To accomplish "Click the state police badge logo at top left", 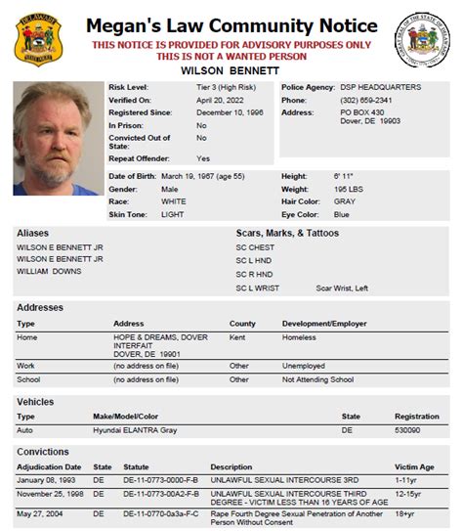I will coord(38,39).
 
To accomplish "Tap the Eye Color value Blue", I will coord(341,214).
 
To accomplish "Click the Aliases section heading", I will coord(34,234).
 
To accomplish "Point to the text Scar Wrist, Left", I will coord(342,288).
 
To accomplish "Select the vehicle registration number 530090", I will coord(407,429).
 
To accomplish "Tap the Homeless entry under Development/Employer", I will coord(300,336).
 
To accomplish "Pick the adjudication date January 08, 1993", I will coord(45,480).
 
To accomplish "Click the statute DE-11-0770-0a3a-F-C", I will coord(160,512).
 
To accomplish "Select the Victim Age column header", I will coord(413,466).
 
